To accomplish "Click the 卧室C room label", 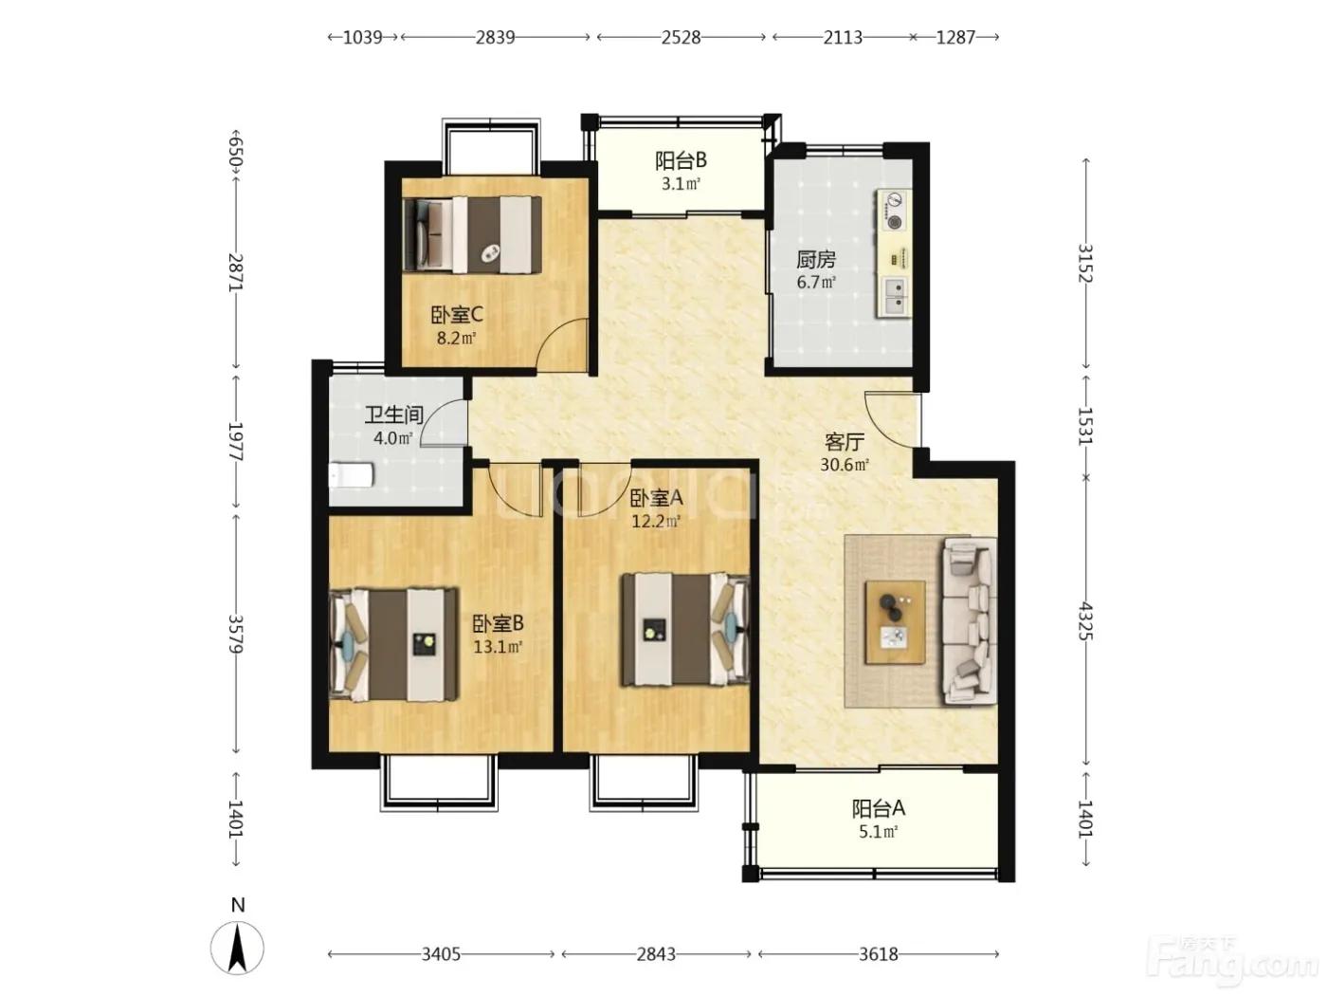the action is tap(457, 315).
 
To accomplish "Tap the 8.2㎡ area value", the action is tap(457, 338).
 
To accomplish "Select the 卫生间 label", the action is tap(393, 415).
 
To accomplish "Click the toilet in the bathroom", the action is tap(351, 475).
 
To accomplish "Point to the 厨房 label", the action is tap(815, 259).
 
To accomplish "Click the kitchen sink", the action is tap(895, 296).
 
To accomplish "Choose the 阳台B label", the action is tap(681, 161).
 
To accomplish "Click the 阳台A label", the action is tap(878, 808).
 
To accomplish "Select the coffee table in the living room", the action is tap(895, 622).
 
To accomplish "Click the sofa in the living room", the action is tap(969, 621).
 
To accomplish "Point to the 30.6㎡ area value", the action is tap(845, 465).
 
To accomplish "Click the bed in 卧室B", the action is tap(392, 645).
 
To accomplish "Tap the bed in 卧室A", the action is tap(685, 630).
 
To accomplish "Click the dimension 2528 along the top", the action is tap(681, 38).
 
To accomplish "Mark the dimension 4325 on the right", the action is tap(1086, 621).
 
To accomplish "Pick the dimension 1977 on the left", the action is tap(235, 442).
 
